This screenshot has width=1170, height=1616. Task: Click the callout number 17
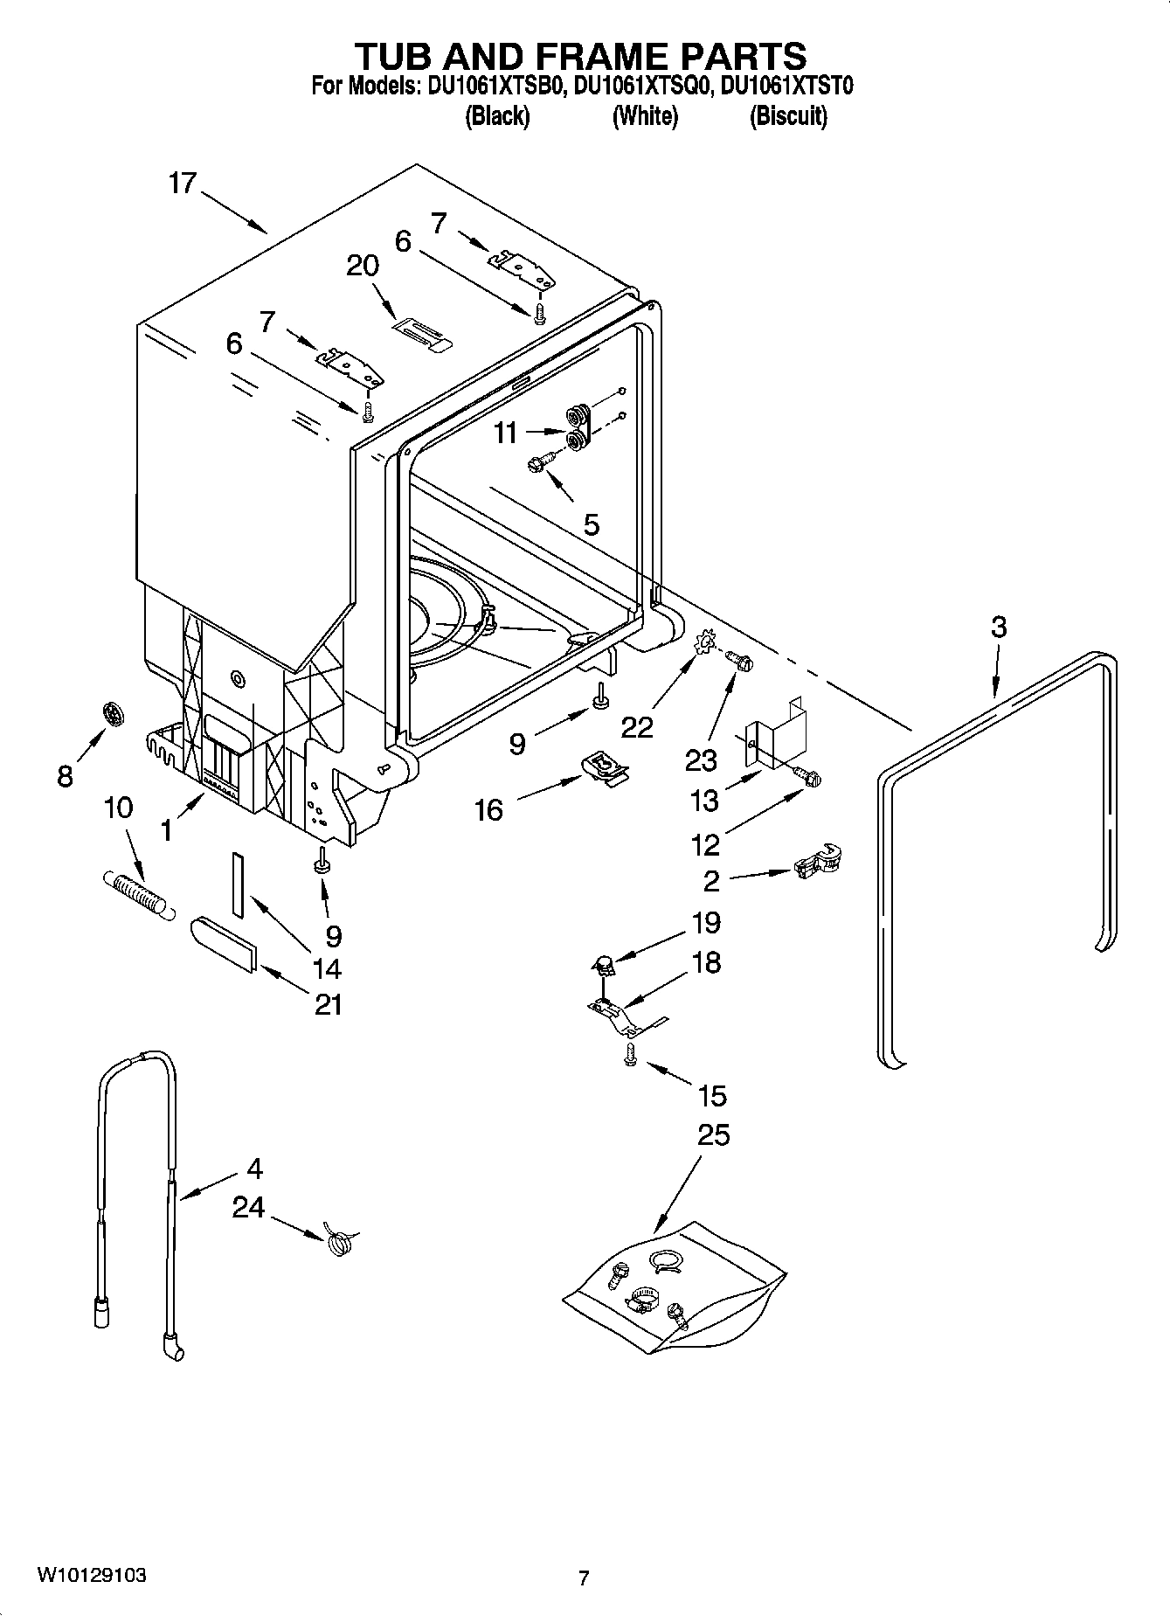(x=183, y=184)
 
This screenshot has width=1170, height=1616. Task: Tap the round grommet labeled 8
(x=114, y=715)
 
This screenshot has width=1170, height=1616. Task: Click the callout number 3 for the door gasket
(x=998, y=627)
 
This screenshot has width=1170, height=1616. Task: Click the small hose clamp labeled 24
(x=338, y=1239)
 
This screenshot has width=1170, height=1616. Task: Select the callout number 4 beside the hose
(x=254, y=1169)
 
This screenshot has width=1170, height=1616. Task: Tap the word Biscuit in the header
(x=788, y=115)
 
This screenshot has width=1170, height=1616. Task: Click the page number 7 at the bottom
(x=584, y=1578)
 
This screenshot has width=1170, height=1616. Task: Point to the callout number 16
(x=489, y=810)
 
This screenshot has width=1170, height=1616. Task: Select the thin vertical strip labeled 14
(x=237, y=884)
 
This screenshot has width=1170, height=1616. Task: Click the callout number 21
(x=328, y=1005)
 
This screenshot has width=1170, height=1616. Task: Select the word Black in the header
(x=497, y=115)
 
